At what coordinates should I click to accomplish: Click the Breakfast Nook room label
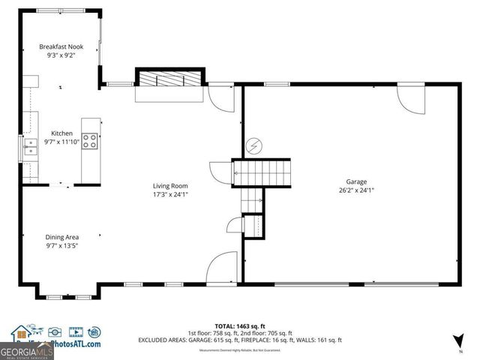click(61, 46)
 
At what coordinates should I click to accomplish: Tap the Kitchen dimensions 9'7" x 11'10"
click(61, 142)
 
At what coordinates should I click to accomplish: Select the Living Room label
click(170, 185)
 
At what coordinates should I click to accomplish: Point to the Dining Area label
click(62, 237)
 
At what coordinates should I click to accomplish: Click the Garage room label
click(356, 181)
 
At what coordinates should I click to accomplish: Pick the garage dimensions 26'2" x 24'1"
click(356, 190)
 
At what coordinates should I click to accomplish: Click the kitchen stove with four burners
click(90, 142)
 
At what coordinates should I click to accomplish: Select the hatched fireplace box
click(169, 79)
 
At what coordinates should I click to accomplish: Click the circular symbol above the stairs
click(254, 145)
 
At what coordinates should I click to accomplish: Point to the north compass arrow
click(457, 342)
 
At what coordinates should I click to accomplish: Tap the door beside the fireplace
click(220, 96)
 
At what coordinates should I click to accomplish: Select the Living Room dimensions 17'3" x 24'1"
click(170, 194)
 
